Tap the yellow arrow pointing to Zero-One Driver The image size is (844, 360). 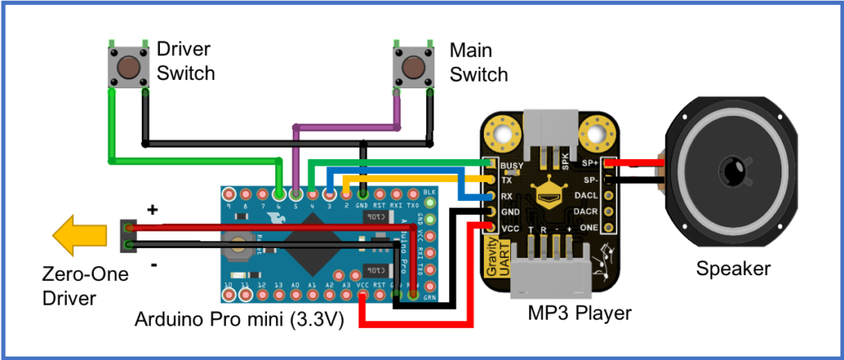click(79, 237)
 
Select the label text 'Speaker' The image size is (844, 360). click(733, 269)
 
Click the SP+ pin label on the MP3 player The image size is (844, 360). click(588, 162)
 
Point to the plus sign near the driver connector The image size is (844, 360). click(152, 211)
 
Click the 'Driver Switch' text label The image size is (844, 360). click(185, 61)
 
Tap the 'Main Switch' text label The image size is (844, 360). click(478, 62)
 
